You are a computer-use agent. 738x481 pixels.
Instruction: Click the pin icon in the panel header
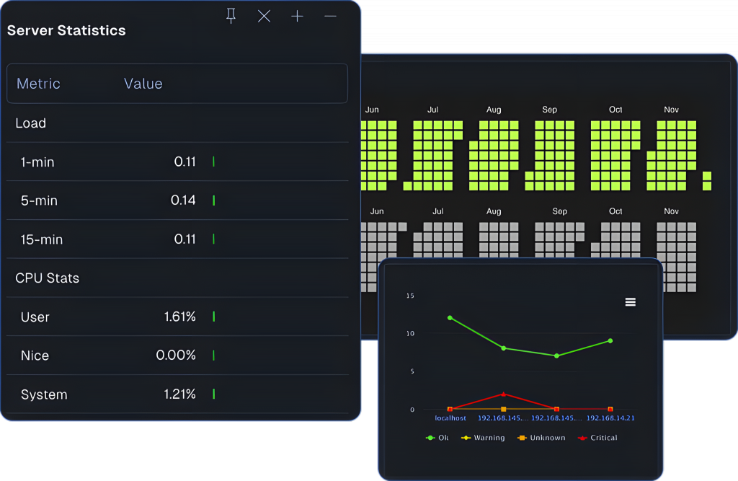click(231, 16)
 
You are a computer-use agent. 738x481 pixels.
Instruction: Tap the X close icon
click(264, 16)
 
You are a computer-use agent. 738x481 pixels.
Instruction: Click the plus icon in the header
click(297, 16)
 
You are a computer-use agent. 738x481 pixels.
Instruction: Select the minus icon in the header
click(330, 16)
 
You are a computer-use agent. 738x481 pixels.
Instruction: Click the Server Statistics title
click(66, 30)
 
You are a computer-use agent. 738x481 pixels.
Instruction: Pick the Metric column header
click(38, 84)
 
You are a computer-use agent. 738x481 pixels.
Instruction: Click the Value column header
click(143, 84)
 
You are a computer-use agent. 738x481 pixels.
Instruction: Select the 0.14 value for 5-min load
click(183, 200)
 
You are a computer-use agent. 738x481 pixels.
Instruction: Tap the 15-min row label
click(42, 239)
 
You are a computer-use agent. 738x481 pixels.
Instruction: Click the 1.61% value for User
click(179, 317)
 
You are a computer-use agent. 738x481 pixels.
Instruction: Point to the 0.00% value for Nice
click(176, 356)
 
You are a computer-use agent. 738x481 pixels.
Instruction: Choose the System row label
click(44, 394)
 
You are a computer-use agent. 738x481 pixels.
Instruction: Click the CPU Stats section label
click(48, 278)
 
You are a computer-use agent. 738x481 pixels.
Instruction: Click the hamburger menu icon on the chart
click(630, 302)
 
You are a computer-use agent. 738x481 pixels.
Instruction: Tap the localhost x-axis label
click(450, 418)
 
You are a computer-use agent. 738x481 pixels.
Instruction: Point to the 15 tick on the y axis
click(410, 296)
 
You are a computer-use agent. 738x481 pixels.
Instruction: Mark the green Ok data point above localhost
click(450, 317)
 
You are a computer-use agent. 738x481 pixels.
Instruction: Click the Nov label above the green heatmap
click(671, 110)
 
